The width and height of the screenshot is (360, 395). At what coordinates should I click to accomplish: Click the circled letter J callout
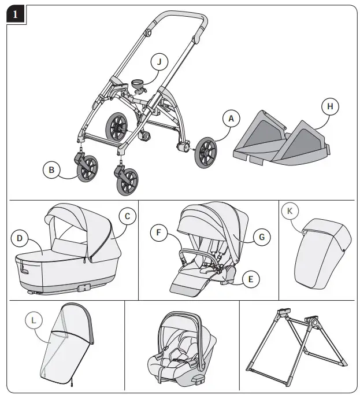pyautogui.click(x=159, y=61)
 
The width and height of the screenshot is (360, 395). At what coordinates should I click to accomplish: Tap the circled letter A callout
pyautogui.click(x=231, y=119)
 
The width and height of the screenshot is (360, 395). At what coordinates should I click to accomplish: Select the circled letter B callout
pyautogui.click(x=51, y=170)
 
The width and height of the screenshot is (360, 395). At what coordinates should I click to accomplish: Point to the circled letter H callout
pyautogui.click(x=330, y=106)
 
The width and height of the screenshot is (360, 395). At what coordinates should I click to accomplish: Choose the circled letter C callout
pyautogui.click(x=127, y=216)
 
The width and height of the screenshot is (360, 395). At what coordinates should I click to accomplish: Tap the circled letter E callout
pyautogui.click(x=250, y=279)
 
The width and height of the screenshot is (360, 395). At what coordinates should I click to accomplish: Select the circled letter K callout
pyautogui.click(x=290, y=212)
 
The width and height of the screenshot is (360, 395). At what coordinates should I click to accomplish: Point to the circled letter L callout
pyautogui.click(x=35, y=319)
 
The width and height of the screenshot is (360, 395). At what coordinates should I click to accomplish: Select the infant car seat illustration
pyautogui.click(x=180, y=347)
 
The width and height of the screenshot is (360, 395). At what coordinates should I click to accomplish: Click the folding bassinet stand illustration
pyautogui.click(x=298, y=341)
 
